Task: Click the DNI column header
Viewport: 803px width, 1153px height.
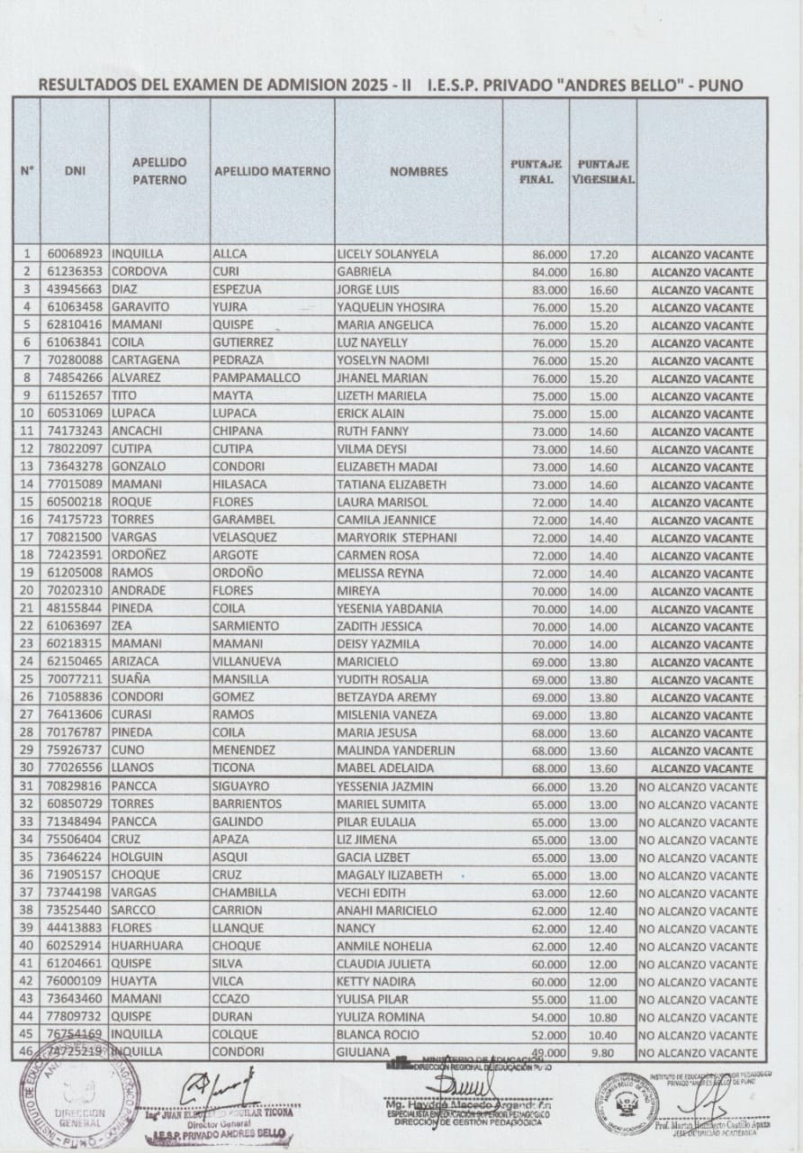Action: pyautogui.click(x=75, y=172)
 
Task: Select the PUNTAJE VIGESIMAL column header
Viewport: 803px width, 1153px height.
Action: pyautogui.click(x=602, y=172)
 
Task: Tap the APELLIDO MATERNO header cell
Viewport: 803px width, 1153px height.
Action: pyautogui.click(x=272, y=172)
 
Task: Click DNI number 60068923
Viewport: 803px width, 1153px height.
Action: pyautogui.click(x=75, y=254)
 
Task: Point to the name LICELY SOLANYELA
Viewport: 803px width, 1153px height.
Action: pyautogui.click(x=387, y=254)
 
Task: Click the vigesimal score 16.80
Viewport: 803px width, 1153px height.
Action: pyautogui.click(x=602, y=273)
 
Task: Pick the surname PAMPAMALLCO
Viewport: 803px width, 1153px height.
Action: pyautogui.click(x=256, y=378)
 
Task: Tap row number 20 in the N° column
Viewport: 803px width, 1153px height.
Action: pyautogui.click(x=26, y=591)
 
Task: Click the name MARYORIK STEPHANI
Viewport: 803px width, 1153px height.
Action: pyautogui.click(x=396, y=538)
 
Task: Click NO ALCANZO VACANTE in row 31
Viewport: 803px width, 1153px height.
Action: pyautogui.click(x=699, y=787)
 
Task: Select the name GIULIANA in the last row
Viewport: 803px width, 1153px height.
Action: pyautogui.click(x=365, y=1051)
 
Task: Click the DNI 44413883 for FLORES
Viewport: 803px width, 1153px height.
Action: pyautogui.click(x=75, y=928)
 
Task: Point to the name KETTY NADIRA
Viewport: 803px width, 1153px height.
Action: pyautogui.click(x=377, y=981)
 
